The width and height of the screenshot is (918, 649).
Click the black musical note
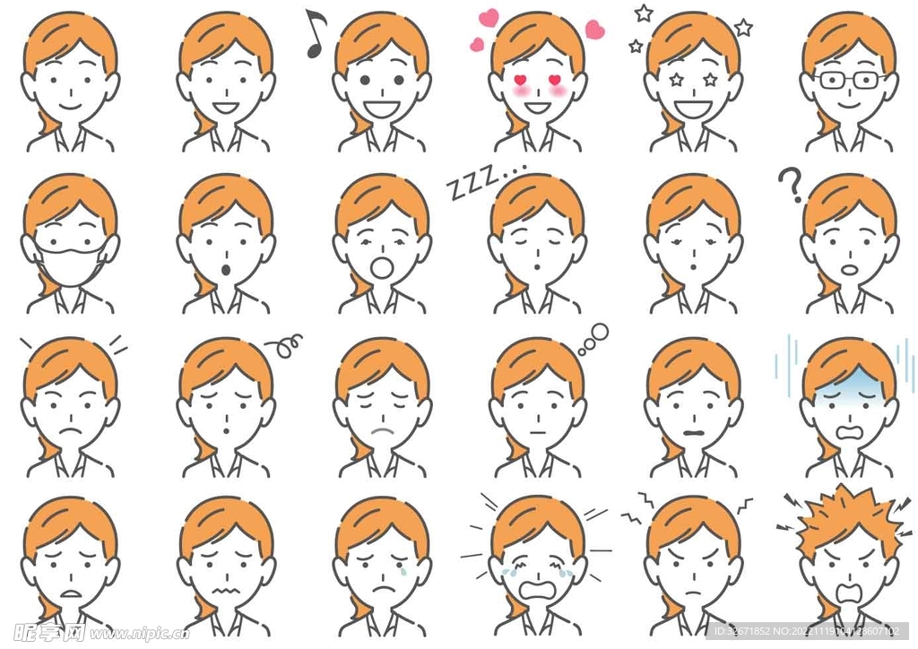click(x=314, y=34)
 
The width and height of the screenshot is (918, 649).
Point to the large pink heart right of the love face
click(x=594, y=30)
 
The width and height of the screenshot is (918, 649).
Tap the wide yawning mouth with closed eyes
click(x=383, y=266)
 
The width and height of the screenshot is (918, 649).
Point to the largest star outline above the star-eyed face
click(x=743, y=28)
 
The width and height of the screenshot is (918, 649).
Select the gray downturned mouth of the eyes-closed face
click(x=383, y=431)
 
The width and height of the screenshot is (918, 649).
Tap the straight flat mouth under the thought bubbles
click(x=537, y=430)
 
